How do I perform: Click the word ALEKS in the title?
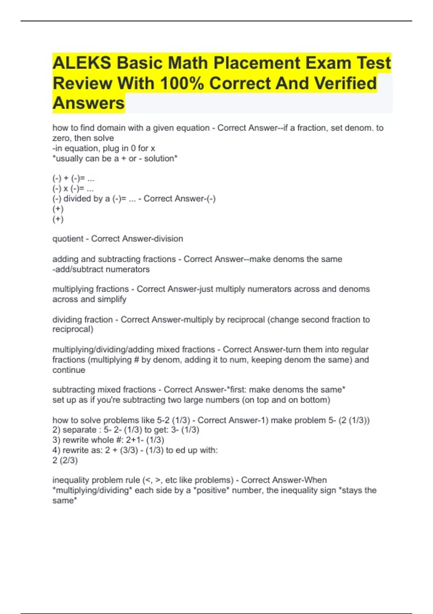(82, 63)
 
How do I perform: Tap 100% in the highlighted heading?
(182, 83)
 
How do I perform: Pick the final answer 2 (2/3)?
(65, 461)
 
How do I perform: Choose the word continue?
(69, 370)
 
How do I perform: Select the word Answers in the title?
(89, 103)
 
